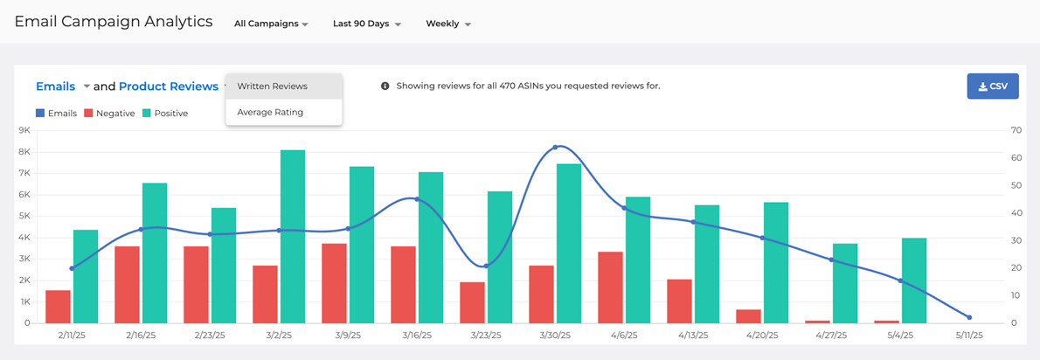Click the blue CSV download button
coord(992,87)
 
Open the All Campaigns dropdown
coord(271,24)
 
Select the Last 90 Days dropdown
coord(366,24)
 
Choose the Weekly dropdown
coord(447,24)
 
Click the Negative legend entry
coord(109,114)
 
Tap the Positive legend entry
coord(165,114)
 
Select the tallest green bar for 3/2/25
coord(293,236)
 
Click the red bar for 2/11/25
coord(58,307)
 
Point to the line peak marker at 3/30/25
coord(555,147)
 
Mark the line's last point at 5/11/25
coord(969,317)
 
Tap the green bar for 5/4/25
coord(914,280)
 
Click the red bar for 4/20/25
coord(748,316)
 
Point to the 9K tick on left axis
coord(24,130)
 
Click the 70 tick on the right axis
coord(1016,130)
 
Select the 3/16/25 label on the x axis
coord(417,336)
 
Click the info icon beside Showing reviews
coord(385,87)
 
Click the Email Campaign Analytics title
coord(114,22)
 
